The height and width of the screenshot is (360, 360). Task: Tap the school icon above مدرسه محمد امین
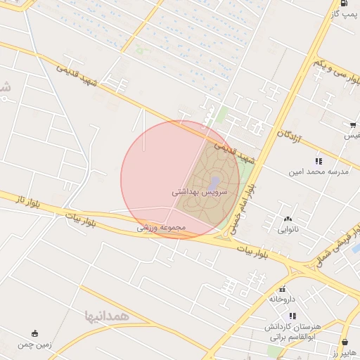[x=319, y=161]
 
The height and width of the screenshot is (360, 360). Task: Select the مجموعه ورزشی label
[x=161, y=228]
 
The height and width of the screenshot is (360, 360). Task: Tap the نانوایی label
[x=288, y=229]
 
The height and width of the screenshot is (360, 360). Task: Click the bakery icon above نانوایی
[x=288, y=219]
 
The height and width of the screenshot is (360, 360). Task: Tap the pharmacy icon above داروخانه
[x=283, y=288]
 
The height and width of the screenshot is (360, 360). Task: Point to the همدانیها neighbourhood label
[x=107, y=315]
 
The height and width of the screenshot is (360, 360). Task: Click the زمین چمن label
[x=35, y=345]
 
